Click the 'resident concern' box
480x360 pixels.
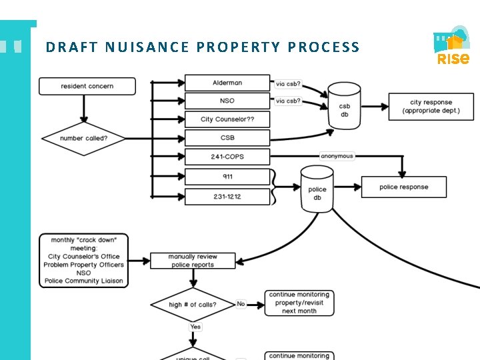pos(87,86)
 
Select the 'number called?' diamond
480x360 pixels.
pos(83,139)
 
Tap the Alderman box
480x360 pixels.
pos(227,83)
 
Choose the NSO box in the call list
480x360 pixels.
pos(227,101)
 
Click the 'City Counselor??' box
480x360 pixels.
pos(227,119)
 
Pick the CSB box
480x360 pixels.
pos(227,138)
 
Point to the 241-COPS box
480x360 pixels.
pos(227,157)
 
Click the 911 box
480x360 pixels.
pos(227,177)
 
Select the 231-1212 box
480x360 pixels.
pos(227,197)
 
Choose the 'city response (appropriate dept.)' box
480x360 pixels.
pos(431,107)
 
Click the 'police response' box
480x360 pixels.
pos(404,187)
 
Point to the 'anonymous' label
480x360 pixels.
pos(337,156)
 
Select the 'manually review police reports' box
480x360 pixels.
pos(192,261)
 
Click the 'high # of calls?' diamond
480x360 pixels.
pos(192,305)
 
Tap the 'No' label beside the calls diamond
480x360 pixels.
pos(241,304)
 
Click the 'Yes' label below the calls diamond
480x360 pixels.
pos(195,327)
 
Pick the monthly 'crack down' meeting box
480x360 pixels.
pos(83,260)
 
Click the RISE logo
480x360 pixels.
pos(453,47)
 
